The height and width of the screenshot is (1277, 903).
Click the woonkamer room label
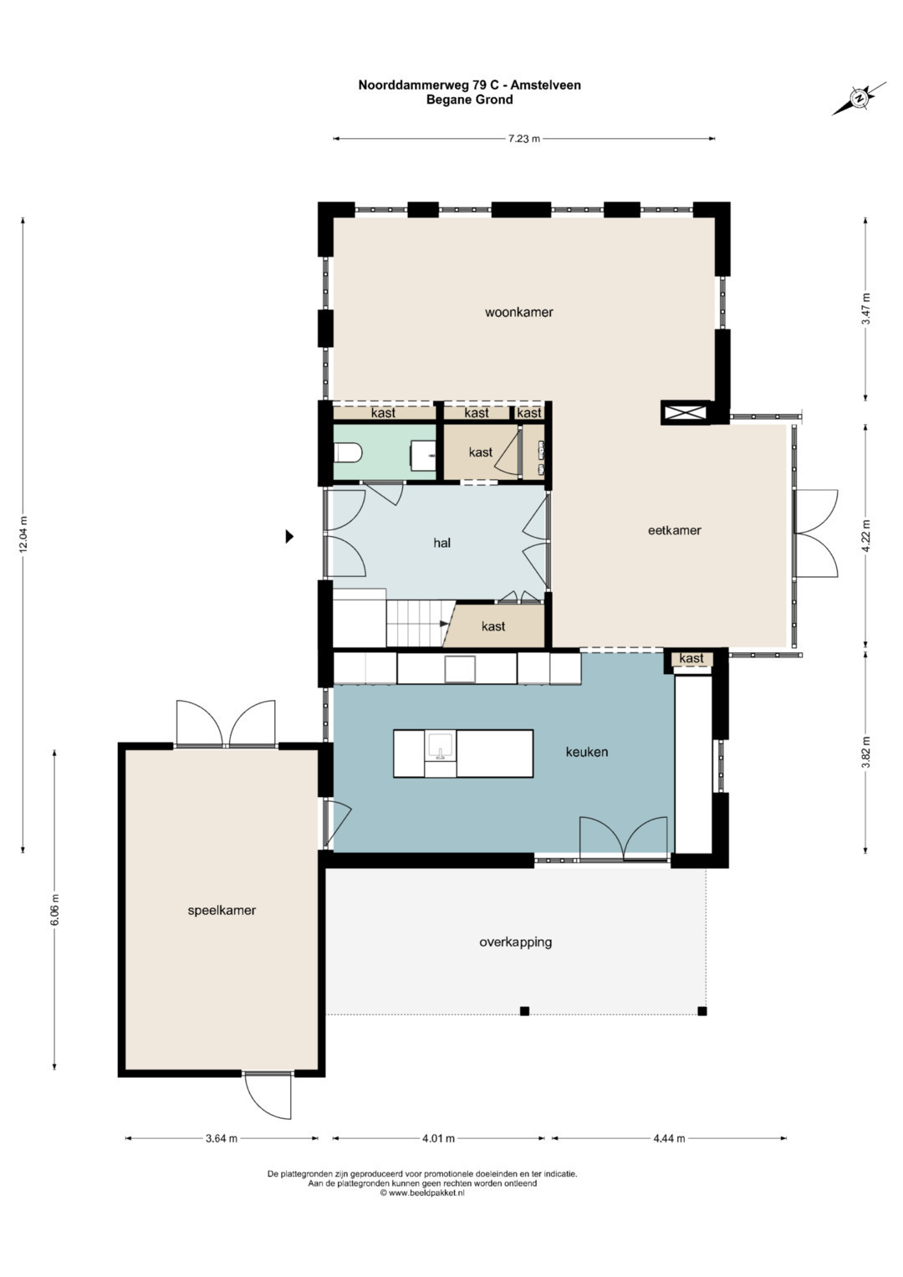518,313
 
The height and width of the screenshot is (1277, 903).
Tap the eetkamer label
675,530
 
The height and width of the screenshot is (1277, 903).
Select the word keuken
587,752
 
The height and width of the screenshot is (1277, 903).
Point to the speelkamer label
222,911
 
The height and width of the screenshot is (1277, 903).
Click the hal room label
441,543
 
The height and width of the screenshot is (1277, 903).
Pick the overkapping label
515,942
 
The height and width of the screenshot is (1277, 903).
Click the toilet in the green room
349,454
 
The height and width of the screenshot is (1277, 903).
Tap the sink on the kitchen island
440,746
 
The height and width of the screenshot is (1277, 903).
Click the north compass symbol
860,98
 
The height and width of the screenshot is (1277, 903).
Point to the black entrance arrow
289,536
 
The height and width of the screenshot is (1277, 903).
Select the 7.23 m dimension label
524,139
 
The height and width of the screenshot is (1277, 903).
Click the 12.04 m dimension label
23,534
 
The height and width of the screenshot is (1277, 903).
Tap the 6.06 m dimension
54,911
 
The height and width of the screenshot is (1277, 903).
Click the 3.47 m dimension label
866,309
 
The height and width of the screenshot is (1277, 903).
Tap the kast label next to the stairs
493,626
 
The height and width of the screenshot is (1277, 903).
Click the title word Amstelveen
545,85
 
